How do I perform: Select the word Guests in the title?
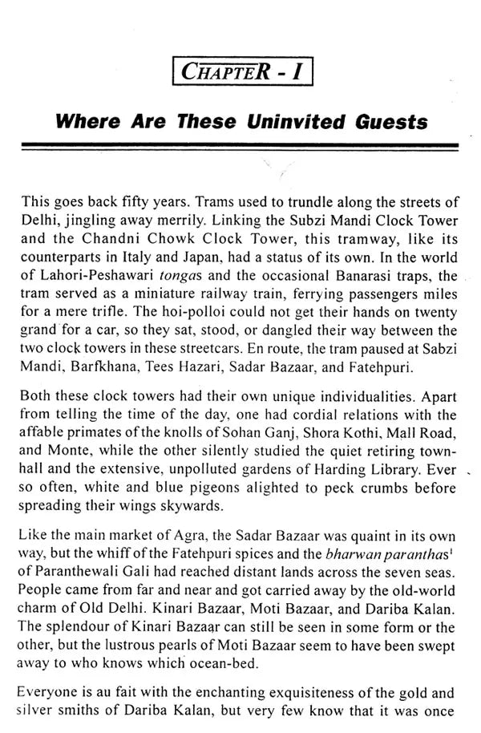(385, 124)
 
